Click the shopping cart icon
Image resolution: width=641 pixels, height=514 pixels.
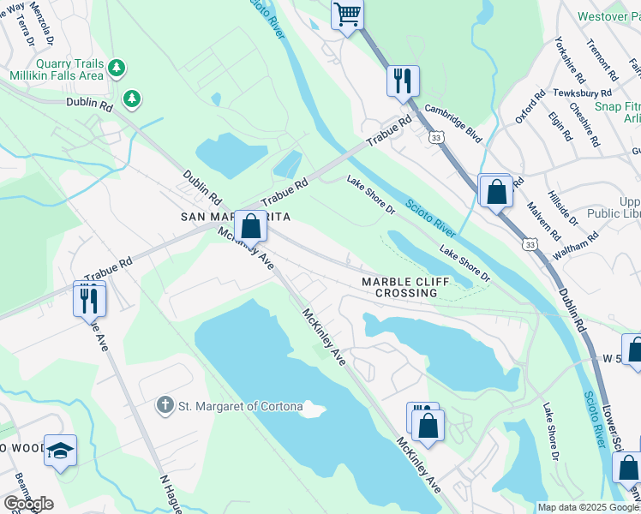click(347, 14)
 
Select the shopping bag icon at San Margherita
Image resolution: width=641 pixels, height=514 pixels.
click(250, 228)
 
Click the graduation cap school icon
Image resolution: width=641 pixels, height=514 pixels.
click(60, 451)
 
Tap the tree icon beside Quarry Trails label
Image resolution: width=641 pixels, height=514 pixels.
click(118, 67)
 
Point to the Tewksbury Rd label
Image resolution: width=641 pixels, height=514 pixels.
click(582, 93)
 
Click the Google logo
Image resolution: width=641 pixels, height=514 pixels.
click(28, 504)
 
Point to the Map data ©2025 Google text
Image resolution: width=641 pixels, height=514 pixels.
click(588, 507)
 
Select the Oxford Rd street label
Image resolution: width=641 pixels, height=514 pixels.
click(530, 109)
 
